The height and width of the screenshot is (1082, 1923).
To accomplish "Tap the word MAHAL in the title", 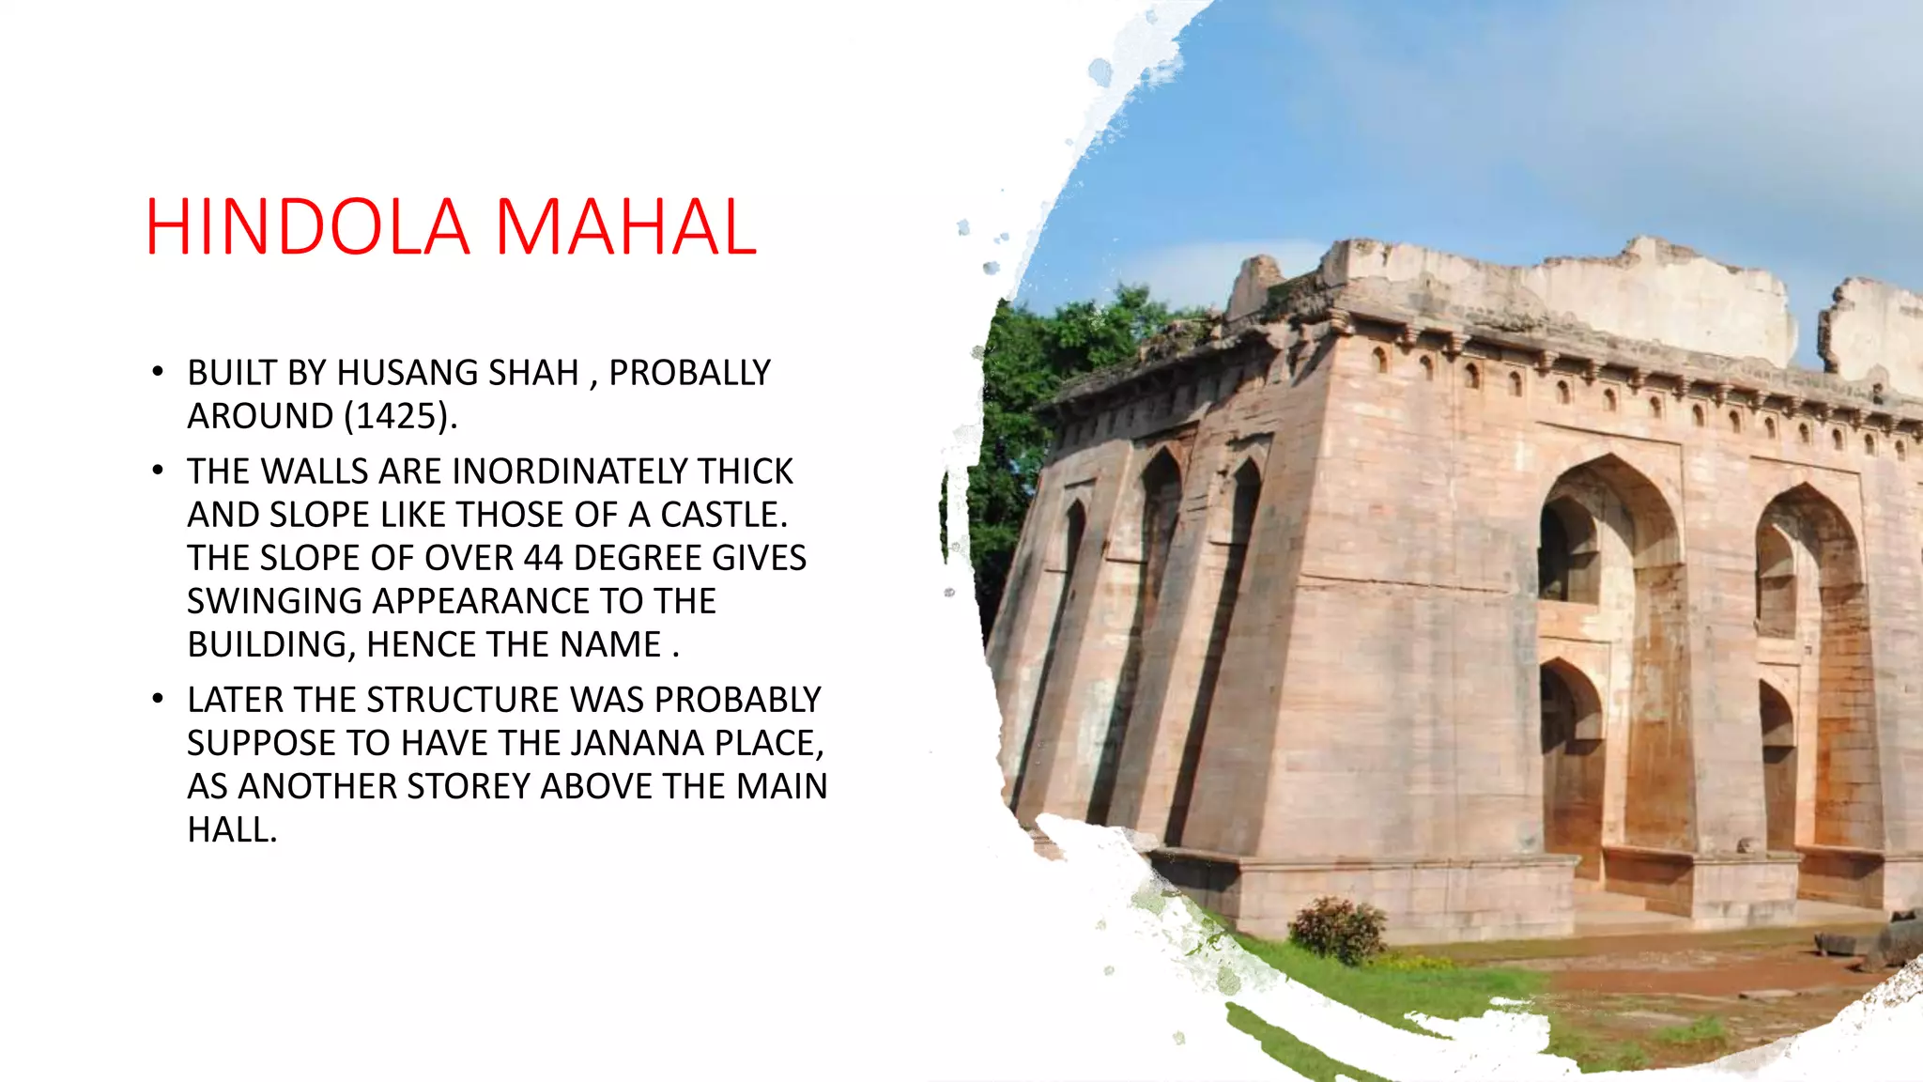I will point(625,227).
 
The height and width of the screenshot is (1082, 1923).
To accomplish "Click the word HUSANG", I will point(395,373).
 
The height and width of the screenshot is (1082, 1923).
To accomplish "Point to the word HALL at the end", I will point(231,829).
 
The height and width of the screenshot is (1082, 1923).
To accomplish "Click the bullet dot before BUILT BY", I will point(158,372).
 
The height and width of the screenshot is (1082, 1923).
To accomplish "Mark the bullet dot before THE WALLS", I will point(158,471).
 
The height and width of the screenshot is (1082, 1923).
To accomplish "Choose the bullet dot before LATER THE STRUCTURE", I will point(158,699).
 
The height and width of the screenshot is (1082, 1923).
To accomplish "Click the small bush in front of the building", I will point(1337,929).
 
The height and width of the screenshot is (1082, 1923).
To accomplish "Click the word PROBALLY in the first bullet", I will point(689,373).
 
